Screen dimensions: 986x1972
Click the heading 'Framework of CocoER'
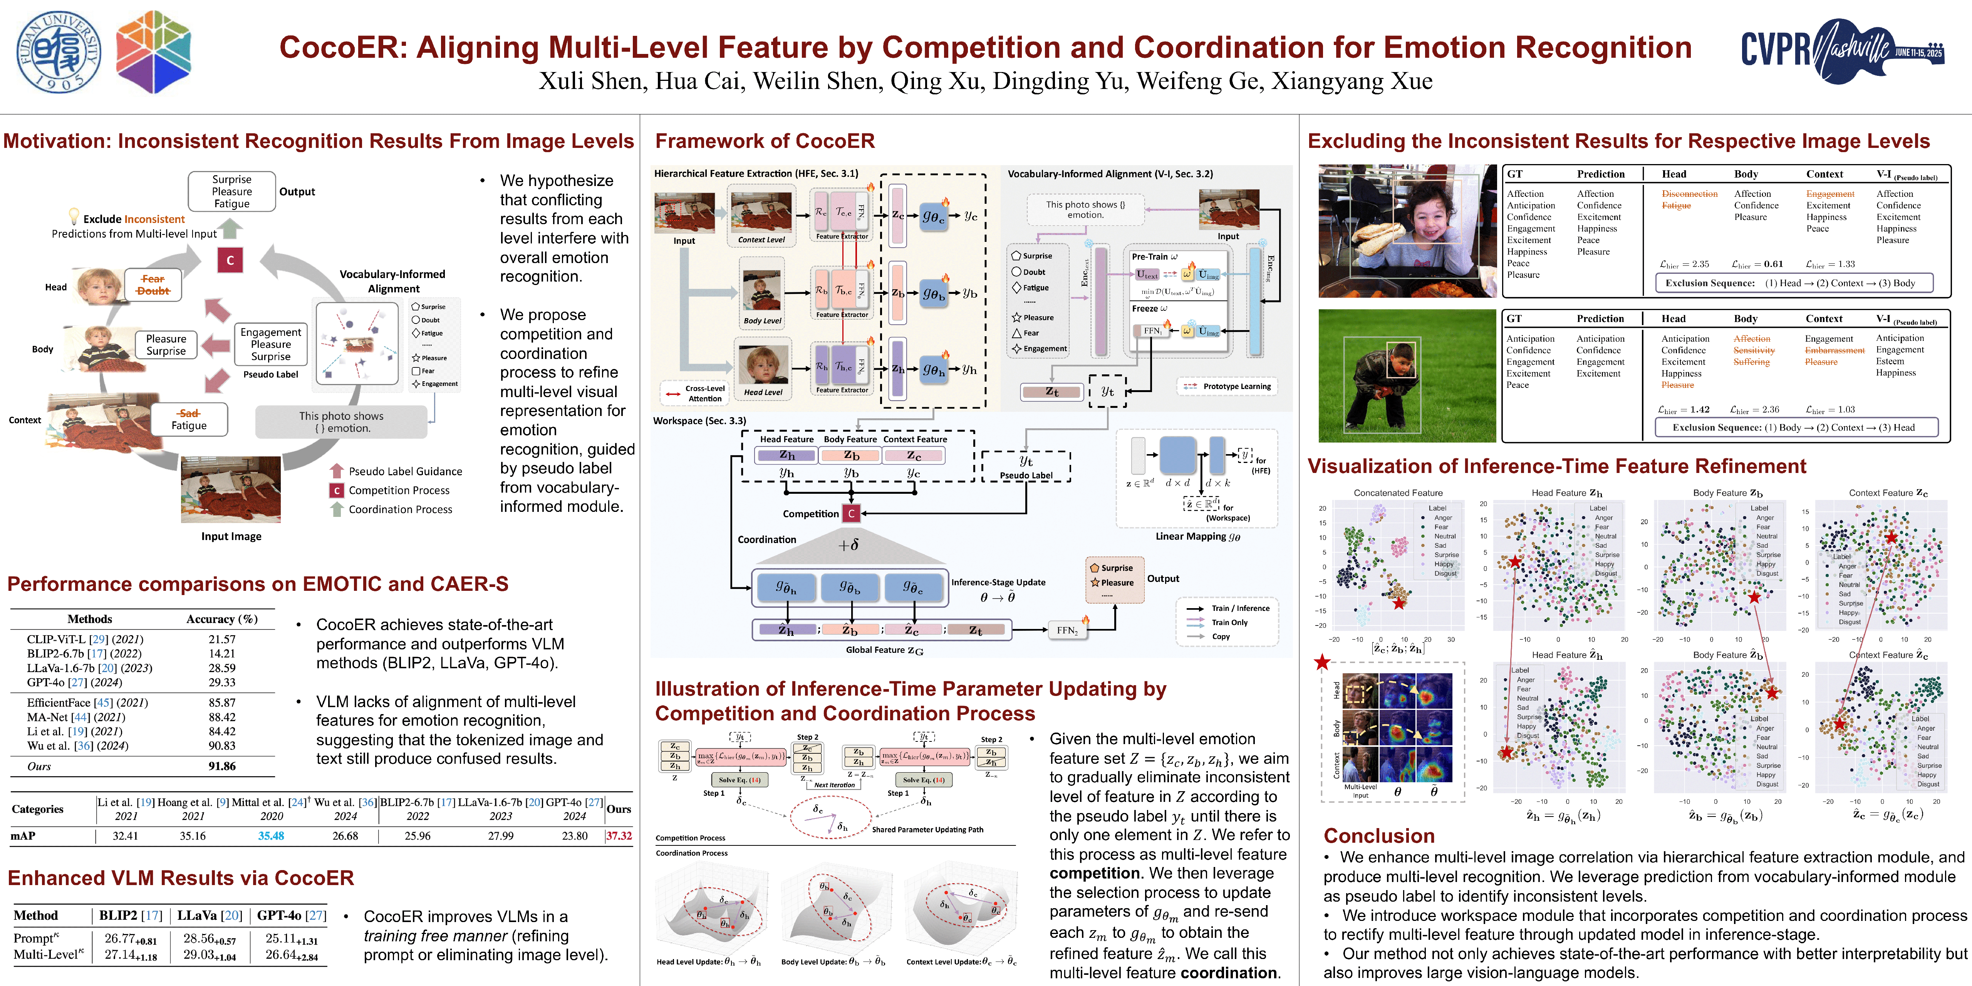point(764,142)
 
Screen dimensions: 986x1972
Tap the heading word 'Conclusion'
point(1379,836)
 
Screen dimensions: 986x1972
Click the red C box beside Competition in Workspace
point(851,514)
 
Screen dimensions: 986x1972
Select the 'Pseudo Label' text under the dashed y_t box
point(1026,475)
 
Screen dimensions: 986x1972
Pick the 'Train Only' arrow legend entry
point(1229,622)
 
